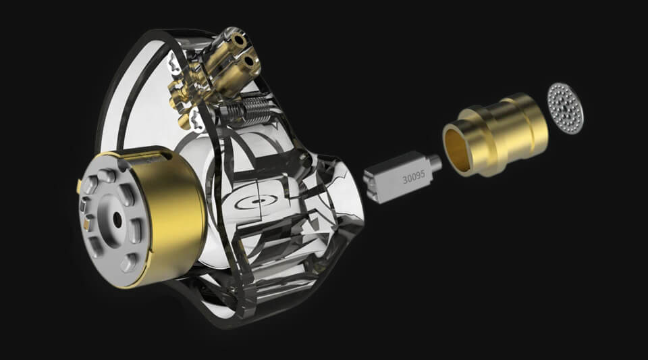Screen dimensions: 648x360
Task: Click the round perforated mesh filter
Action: click(x=566, y=108)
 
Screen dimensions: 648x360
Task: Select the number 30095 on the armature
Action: click(x=414, y=177)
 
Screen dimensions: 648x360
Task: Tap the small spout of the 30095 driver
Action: click(x=436, y=163)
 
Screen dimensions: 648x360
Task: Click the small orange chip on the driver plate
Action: click(x=86, y=224)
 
